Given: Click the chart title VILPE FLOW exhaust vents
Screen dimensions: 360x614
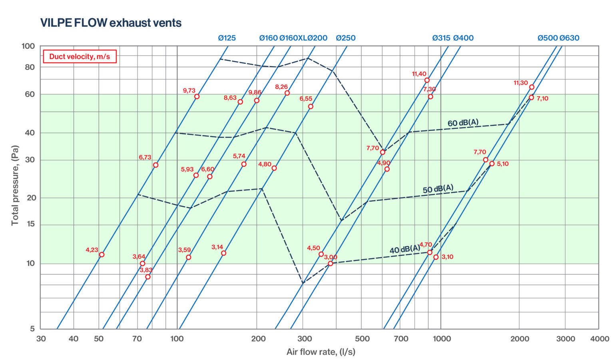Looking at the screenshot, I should [111, 23].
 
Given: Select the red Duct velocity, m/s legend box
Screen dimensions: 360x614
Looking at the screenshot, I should [79, 56].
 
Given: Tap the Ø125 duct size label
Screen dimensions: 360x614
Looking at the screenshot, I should [227, 38].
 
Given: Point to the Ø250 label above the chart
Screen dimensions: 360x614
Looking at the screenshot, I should [345, 38].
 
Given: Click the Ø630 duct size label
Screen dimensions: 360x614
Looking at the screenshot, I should [569, 38].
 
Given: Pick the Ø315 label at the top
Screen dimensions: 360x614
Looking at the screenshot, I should [441, 38].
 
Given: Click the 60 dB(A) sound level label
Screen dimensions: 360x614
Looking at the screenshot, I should [463, 123].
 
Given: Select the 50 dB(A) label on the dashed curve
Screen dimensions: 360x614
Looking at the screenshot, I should [438, 189].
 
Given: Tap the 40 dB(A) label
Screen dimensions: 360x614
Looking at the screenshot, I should [405, 250].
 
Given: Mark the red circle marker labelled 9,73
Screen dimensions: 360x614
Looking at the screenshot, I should [197, 96].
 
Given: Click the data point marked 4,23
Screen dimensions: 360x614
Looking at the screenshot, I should [102, 255].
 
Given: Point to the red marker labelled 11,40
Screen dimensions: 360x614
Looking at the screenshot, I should [427, 80].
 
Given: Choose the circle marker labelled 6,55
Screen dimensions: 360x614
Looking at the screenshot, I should [311, 106].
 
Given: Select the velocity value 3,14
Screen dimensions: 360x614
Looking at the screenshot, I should [217, 247].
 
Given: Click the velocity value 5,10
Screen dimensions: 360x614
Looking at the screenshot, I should [502, 164].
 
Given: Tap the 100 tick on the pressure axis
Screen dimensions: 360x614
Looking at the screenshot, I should [28, 46].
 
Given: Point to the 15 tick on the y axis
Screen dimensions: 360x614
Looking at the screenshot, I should [30, 224].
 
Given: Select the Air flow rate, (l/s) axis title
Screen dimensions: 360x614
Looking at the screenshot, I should [321, 352].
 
